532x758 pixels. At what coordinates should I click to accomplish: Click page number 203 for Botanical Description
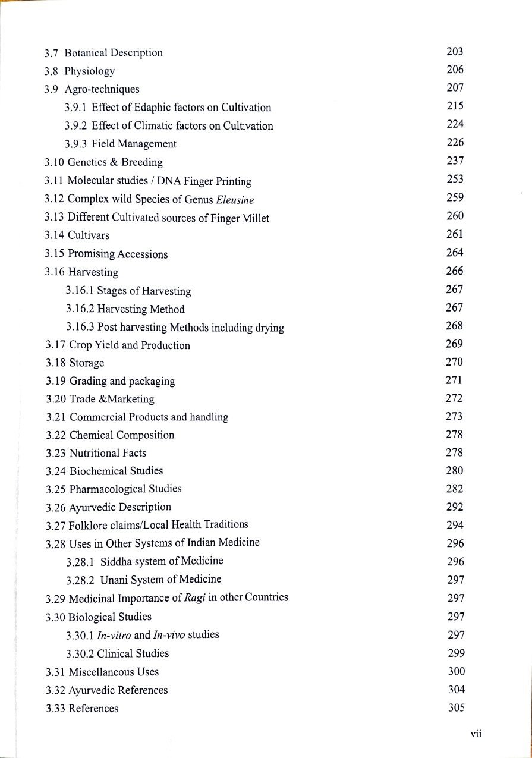(454, 52)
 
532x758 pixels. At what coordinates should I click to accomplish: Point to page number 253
(454, 180)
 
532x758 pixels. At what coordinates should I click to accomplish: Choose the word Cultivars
(89, 235)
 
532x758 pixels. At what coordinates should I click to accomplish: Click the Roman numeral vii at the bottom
(475, 734)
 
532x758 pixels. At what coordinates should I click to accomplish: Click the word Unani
(115, 579)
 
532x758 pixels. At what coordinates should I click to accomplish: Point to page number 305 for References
(455, 708)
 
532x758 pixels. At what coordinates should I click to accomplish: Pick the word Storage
(87, 363)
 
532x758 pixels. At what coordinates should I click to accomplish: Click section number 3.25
(55, 489)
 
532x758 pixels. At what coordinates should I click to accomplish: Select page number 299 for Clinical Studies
(455, 653)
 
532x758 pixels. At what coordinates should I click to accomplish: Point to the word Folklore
(89, 525)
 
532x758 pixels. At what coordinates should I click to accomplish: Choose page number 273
(454, 417)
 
